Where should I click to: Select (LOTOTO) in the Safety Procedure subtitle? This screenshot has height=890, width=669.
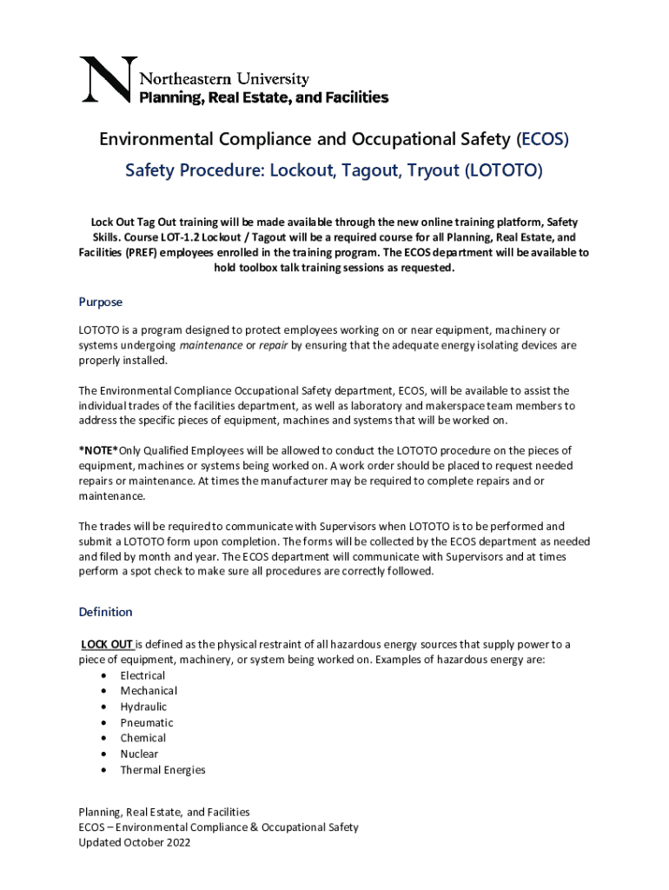click(503, 171)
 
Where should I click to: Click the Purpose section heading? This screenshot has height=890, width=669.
click(101, 302)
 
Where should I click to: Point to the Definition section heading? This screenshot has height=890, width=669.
click(105, 612)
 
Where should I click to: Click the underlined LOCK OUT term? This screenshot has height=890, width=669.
click(107, 644)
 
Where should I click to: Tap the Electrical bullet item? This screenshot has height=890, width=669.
click(142, 675)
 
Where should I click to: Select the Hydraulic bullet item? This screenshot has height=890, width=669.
click(143, 707)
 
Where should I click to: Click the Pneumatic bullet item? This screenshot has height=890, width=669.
click(147, 722)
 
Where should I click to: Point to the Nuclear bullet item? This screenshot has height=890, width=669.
click(139, 754)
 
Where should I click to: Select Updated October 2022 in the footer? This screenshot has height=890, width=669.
click(135, 842)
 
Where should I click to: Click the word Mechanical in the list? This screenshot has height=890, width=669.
click(149, 691)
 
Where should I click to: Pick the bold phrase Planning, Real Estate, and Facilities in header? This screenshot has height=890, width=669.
click(264, 97)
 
